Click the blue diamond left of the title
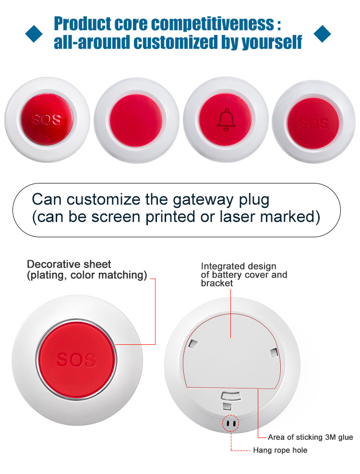(34, 34)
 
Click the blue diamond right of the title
(322, 34)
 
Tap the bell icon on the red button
(226, 120)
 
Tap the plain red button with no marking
(136, 121)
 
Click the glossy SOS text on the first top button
(47, 119)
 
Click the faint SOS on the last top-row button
(313, 123)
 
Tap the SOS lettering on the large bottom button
(76, 360)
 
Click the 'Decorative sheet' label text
(69, 264)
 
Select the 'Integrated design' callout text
(239, 266)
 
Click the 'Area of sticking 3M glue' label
(311, 437)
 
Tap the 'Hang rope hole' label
(280, 450)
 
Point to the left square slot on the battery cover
(192, 343)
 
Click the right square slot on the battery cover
(274, 352)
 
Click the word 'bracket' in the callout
(217, 283)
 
